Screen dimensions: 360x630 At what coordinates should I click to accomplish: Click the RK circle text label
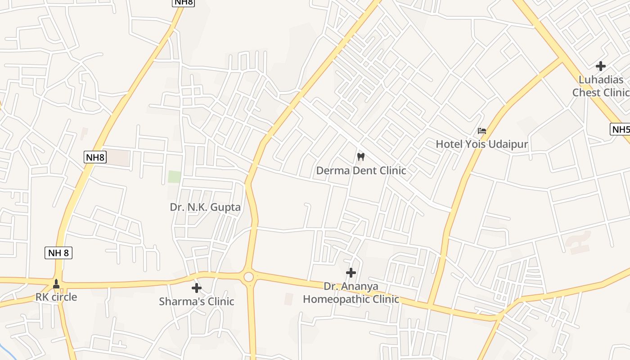(x=56, y=297)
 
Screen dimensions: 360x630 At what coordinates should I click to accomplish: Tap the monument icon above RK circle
(x=56, y=284)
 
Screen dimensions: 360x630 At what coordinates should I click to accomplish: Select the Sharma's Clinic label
(x=197, y=301)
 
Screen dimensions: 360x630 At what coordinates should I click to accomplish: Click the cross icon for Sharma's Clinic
(x=197, y=288)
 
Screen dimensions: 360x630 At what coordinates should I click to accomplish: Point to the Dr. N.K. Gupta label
(x=205, y=207)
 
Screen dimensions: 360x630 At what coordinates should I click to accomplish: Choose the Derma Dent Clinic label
(x=361, y=171)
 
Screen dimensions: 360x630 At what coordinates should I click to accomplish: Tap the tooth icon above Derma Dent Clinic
(x=360, y=157)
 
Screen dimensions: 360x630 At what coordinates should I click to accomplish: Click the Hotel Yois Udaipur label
(x=481, y=144)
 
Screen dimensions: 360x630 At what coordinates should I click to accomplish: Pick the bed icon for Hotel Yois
(x=482, y=131)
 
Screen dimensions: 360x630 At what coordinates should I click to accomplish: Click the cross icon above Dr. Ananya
(x=351, y=273)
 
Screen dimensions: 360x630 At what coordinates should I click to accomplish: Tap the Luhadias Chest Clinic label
(x=601, y=86)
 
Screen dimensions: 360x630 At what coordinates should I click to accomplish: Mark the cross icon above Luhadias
(x=601, y=67)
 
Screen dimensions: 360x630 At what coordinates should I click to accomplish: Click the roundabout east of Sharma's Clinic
(x=248, y=277)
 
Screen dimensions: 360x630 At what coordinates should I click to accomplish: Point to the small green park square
(x=175, y=176)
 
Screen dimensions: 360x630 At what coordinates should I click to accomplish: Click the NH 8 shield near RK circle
(x=59, y=253)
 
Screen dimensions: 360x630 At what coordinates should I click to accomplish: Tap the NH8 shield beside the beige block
(x=95, y=157)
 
